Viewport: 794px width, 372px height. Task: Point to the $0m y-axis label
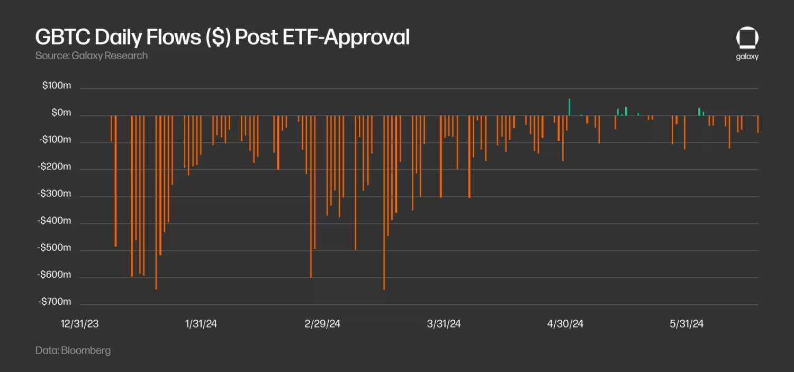(61, 113)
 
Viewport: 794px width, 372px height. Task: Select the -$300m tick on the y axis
(55, 194)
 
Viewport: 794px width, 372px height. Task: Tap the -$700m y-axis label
(55, 302)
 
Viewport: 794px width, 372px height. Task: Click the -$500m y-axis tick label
(55, 248)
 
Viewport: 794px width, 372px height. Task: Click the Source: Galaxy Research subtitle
(91, 56)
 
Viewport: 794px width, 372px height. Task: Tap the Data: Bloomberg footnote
(73, 350)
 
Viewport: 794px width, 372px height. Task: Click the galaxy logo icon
(747, 39)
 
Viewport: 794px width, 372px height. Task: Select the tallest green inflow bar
(569, 107)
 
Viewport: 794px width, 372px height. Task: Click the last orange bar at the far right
(757, 124)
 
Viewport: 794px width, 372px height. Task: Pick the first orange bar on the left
(111, 129)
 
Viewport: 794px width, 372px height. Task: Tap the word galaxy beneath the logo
(747, 57)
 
